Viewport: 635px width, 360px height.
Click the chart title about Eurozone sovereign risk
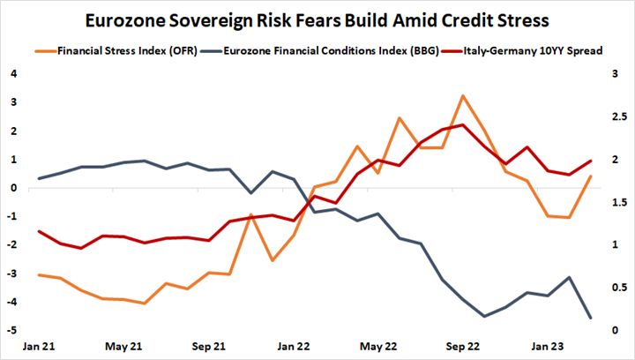tap(317, 19)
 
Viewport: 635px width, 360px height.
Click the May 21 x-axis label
tap(123, 346)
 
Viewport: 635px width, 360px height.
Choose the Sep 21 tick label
tap(207, 346)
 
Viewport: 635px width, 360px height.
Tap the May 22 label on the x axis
tap(377, 346)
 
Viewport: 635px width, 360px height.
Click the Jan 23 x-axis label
tap(548, 346)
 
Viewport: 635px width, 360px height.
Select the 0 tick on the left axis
tap(14, 188)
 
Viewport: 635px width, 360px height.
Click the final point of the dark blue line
tap(590, 318)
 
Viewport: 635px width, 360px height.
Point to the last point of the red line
tap(590, 161)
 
